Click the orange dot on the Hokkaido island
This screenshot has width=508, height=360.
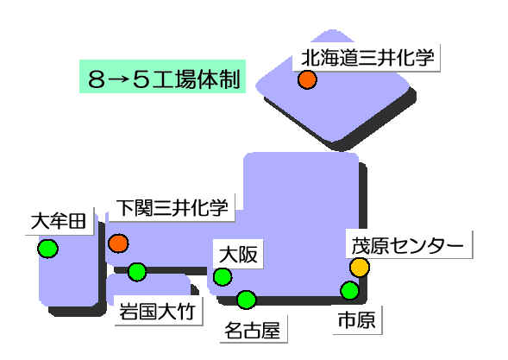point(307,79)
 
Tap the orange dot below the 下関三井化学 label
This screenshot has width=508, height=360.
point(118,243)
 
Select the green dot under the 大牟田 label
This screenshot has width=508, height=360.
point(48,249)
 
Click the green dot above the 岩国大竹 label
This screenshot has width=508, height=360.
point(137,272)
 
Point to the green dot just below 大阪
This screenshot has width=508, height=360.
point(223,277)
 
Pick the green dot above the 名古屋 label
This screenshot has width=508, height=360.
point(246,300)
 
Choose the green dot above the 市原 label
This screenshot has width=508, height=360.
point(350,290)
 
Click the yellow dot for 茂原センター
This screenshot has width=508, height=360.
point(360,268)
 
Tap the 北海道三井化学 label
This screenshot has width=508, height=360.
point(367,58)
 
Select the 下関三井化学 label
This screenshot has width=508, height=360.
point(172,208)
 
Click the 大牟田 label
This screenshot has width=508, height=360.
point(60,221)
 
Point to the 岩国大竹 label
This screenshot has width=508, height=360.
point(158,312)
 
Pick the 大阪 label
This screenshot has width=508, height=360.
point(238,255)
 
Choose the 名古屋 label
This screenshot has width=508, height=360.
point(253,330)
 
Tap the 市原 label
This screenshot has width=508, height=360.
point(357,320)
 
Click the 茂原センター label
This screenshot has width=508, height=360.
point(408,245)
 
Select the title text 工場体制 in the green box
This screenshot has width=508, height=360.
point(197,79)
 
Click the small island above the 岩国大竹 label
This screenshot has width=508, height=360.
point(149,286)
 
